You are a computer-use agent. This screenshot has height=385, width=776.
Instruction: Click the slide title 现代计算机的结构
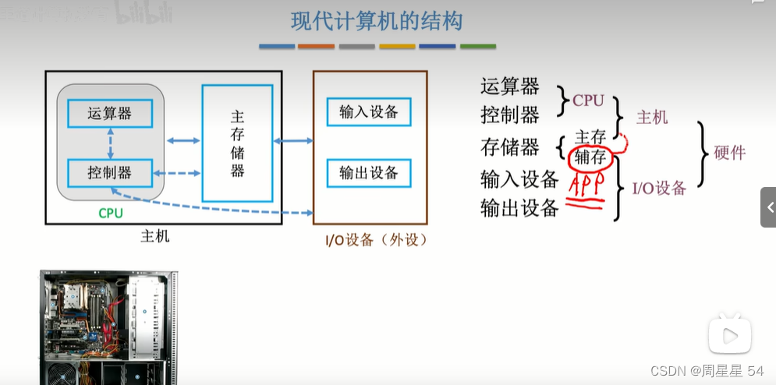[377, 21]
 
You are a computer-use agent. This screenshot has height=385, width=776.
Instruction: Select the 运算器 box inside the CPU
[109, 114]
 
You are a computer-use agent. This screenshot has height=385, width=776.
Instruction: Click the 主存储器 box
[237, 143]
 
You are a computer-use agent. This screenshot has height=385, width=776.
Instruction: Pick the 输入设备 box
[369, 112]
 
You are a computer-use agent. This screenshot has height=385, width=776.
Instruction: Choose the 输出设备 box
[369, 172]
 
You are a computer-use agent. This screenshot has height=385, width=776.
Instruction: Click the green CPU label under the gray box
[110, 212]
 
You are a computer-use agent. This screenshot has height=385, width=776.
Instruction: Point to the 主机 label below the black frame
[154, 236]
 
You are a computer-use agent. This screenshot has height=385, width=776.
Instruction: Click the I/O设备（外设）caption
[376, 240]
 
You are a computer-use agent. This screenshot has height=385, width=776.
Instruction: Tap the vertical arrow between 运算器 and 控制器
[110, 143]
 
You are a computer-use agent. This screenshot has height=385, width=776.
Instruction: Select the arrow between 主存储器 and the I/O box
[292, 141]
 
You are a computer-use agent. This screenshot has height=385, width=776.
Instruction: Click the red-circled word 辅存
[590, 157]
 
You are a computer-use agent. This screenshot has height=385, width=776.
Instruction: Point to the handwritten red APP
[587, 184]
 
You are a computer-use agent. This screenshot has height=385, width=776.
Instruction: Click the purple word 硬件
[729, 153]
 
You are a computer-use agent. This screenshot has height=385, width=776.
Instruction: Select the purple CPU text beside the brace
[588, 101]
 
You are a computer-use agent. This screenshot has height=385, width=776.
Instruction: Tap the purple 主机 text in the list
[652, 118]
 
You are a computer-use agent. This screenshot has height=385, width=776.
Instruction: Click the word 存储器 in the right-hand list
[510, 147]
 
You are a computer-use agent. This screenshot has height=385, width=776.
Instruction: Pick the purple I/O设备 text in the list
[659, 188]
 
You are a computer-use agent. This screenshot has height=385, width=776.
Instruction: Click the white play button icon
[730, 335]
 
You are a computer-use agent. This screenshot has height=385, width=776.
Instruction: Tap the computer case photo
[108, 327]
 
